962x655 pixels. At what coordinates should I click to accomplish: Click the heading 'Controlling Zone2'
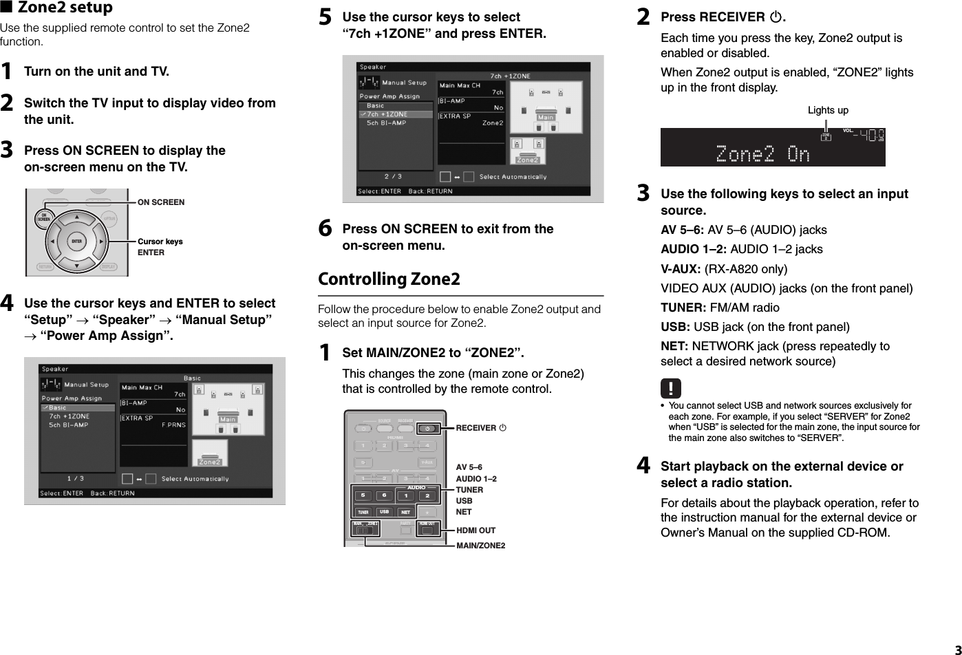389,279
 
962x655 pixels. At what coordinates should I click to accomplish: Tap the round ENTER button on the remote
76,241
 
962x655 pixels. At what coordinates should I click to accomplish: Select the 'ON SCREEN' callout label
161,202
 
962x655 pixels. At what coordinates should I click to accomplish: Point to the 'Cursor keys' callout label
160,241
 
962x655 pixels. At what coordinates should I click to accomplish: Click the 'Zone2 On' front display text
762,153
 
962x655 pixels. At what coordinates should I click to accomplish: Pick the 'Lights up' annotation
828,110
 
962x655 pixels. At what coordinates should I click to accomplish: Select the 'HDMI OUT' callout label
475,530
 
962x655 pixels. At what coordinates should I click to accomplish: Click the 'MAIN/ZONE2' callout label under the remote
480,546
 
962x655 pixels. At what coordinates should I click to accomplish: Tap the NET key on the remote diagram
406,512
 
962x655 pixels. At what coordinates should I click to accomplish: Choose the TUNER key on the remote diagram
363,512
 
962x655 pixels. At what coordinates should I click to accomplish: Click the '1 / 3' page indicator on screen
76,478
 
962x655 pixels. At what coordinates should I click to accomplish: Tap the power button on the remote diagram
428,429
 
